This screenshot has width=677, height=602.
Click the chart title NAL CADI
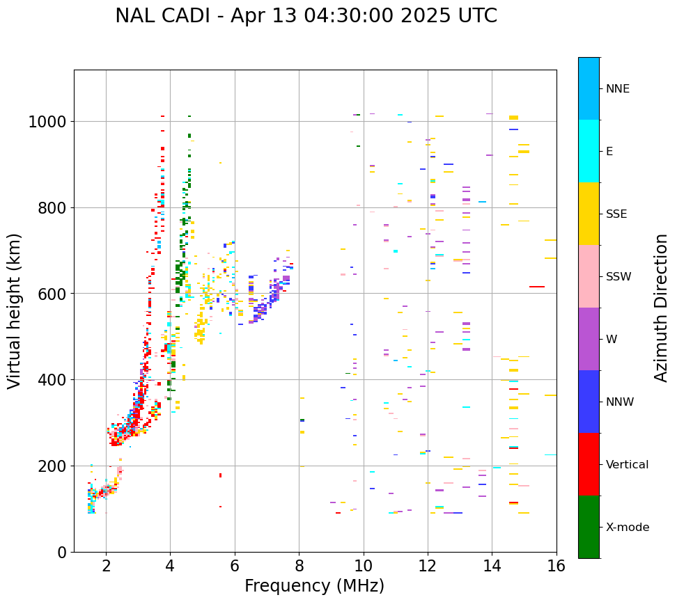click(306, 16)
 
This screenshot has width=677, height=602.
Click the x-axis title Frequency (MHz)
click(314, 586)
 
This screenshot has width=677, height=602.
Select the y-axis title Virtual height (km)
click(15, 310)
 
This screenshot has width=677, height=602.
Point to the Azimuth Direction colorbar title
click(661, 308)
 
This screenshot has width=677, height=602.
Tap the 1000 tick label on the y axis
click(47, 122)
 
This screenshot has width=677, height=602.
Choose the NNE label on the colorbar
click(618, 89)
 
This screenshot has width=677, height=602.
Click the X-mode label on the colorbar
click(628, 528)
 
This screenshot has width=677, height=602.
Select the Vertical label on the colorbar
click(627, 465)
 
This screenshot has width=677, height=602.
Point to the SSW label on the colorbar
click(618, 277)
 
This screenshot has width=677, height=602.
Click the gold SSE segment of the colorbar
click(589, 214)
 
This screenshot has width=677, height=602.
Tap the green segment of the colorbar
click(589, 527)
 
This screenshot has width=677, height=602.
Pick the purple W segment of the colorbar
click(589, 339)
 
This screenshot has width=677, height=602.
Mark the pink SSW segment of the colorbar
click(589, 276)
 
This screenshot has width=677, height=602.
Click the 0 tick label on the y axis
click(61, 552)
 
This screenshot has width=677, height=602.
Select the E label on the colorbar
click(609, 152)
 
